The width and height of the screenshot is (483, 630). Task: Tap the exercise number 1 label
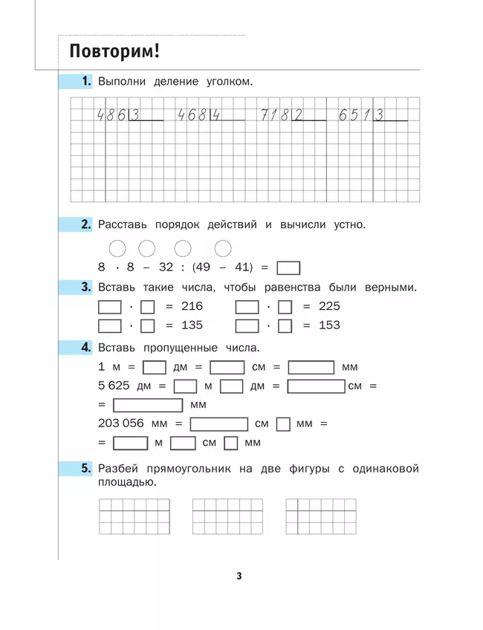[x=86, y=81]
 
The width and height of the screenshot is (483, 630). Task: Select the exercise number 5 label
[x=86, y=469]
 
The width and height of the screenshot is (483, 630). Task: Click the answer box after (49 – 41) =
[x=288, y=269]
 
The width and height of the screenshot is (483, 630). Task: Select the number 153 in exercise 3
[x=328, y=325]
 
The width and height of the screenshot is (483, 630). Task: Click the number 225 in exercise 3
[x=328, y=306]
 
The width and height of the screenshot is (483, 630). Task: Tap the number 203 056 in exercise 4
[x=123, y=424]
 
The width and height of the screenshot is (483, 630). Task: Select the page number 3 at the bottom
[x=239, y=576]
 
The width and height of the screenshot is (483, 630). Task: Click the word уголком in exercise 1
[x=226, y=82]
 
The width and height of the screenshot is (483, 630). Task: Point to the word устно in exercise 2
[x=345, y=224]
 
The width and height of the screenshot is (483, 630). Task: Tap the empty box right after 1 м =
[x=154, y=367]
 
